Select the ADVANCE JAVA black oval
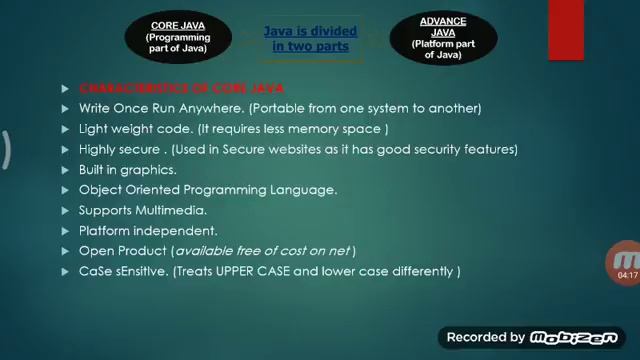pos(442,38)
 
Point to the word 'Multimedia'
pos(171,210)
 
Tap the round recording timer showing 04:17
pos(625,265)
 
